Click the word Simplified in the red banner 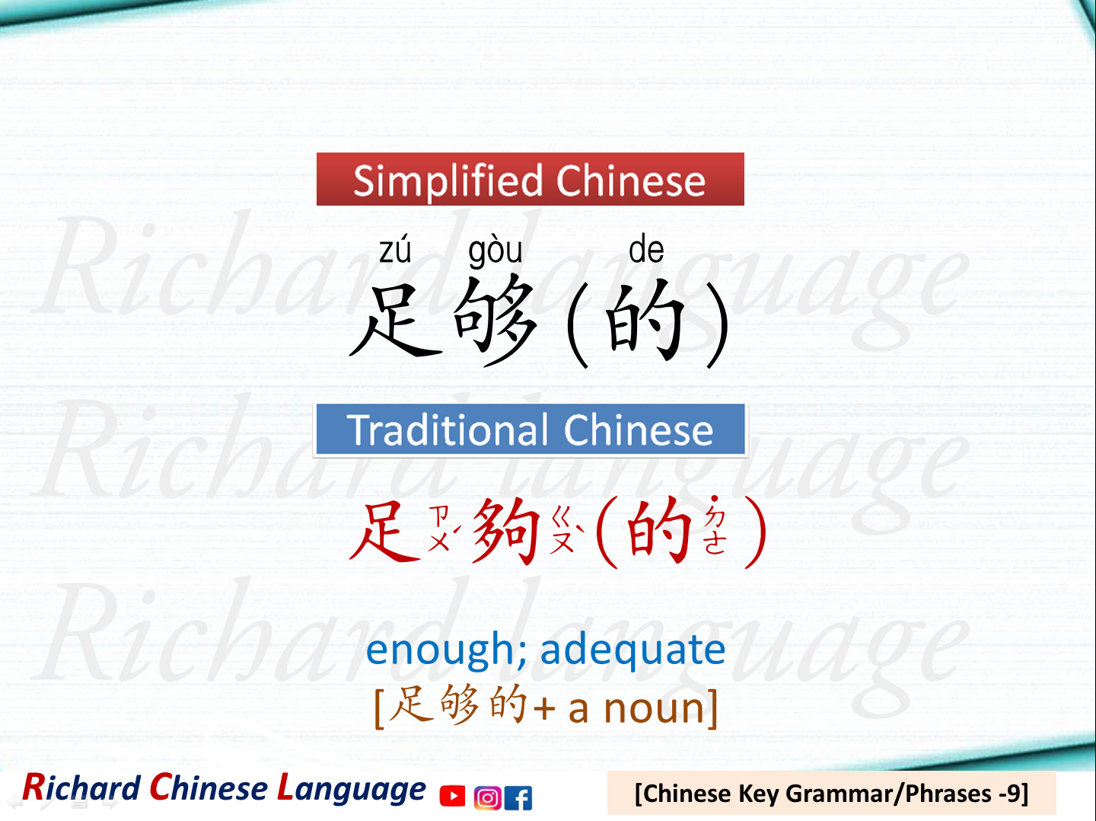click(x=449, y=181)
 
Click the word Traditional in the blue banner click(x=448, y=430)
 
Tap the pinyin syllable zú click(x=395, y=251)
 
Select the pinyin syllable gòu click(x=495, y=251)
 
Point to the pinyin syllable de click(x=646, y=251)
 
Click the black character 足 click(x=396, y=320)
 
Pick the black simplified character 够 click(x=495, y=320)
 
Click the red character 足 click(x=386, y=531)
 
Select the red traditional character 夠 click(x=506, y=531)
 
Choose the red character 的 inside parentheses click(x=659, y=531)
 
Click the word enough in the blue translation click(x=441, y=650)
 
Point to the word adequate click(x=632, y=650)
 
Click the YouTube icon click(x=452, y=796)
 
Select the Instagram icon click(x=487, y=797)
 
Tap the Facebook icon click(x=518, y=797)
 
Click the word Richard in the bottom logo click(x=81, y=788)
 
